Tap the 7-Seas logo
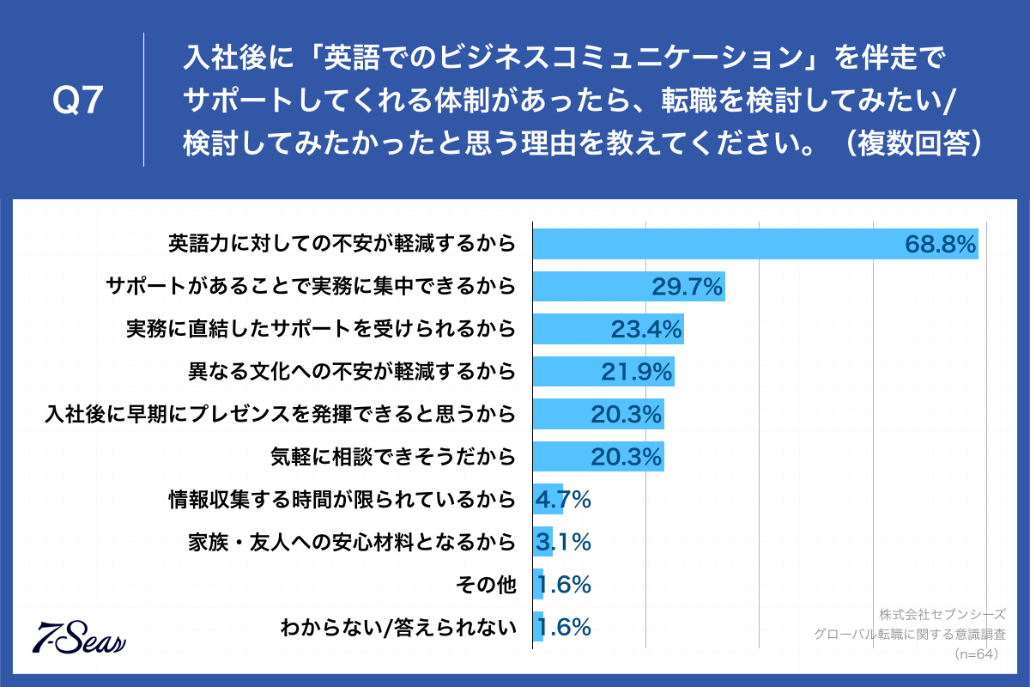79,635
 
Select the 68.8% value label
941,245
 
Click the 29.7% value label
688,287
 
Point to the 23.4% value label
645,329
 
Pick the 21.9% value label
636,372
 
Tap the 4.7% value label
563,499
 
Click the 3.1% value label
563,542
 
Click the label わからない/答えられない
398,628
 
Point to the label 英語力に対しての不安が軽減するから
342,245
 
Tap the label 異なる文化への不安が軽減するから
352,372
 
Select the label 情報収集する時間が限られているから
342,499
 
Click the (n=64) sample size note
979,654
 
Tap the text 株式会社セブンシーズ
942,615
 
